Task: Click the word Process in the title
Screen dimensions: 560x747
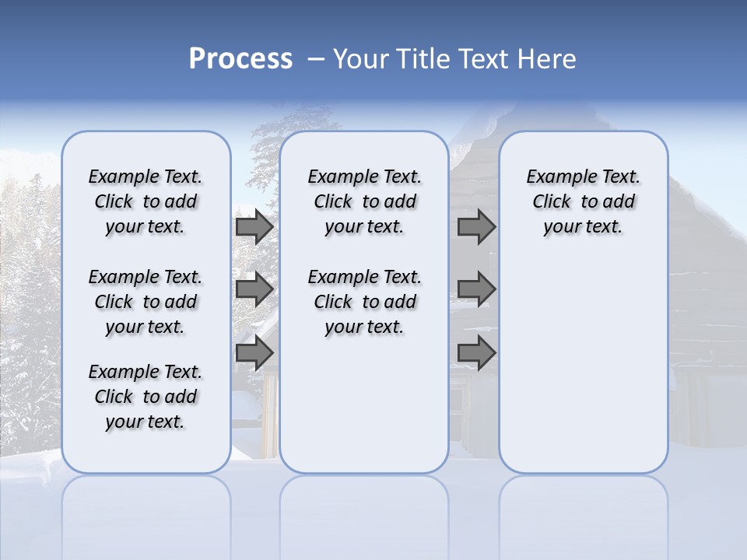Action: click(x=240, y=59)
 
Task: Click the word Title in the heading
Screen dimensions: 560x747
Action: click(x=423, y=59)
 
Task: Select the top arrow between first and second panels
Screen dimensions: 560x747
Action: click(x=254, y=226)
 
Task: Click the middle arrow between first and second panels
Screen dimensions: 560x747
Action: click(x=254, y=289)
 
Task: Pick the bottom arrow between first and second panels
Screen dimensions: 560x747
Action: click(x=254, y=352)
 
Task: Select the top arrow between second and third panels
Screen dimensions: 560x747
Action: click(x=476, y=226)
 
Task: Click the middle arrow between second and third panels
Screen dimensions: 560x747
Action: click(x=476, y=289)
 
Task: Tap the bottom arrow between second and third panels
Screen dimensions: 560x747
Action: click(x=476, y=352)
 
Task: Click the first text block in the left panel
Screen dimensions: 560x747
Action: click(x=146, y=201)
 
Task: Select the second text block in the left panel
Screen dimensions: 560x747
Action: click(x=146, y=302)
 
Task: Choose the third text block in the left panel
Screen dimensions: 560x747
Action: click(x=146, y=397)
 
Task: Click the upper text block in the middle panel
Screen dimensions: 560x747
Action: click(x=364, y=201)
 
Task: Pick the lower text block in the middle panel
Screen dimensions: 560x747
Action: click(x=364, y=302)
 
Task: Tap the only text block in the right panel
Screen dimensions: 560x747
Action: click(x=583, y=201)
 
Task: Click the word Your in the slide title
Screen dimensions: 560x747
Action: click(x=361, y=59)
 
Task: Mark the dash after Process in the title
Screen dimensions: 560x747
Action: click(x=316, y=59)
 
